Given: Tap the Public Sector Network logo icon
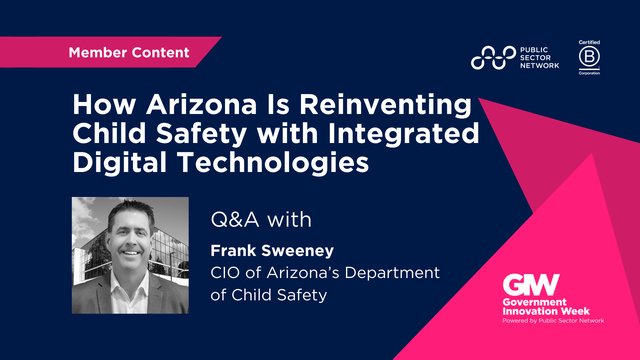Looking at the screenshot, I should click(x=494, y=59).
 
